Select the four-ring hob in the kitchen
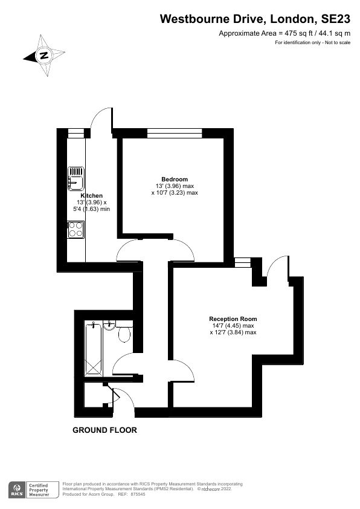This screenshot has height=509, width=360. click(x=76, y=229)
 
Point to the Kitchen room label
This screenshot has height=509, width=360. click(x=92, y=195)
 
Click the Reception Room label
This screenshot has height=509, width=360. click(x=233, y=319)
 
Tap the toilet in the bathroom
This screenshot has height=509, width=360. click(x=124, y=333)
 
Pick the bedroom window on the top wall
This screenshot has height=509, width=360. click(x=175, y=132)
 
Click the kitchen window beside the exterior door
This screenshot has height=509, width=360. click(x=75, y=132)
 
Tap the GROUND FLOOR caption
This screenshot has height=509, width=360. click(x=104, y=431)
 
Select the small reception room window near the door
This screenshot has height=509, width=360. click(x=243, y=261)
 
